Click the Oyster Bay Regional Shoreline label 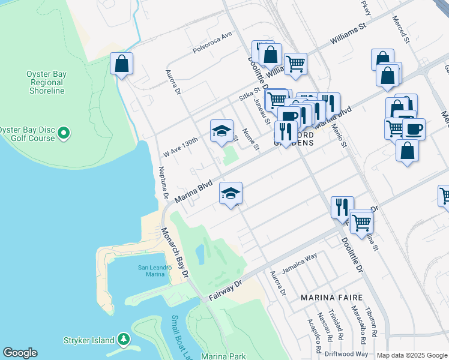(45, 82)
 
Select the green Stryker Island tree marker (123, 340)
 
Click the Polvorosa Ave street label (212, 44)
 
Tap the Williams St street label (348, 37)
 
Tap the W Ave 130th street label (180, 146)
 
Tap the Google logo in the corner (20, 352)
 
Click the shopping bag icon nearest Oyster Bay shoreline (121, 64)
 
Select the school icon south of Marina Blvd (231, 193)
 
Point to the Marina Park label (223, 356)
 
